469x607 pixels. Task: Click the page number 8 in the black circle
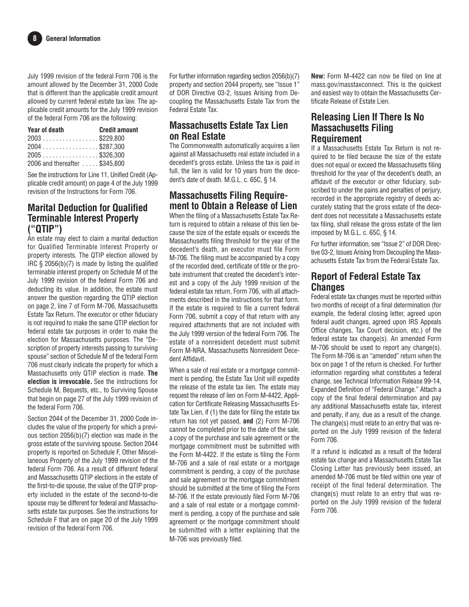pos(35,38)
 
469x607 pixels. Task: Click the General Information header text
pos(73,38)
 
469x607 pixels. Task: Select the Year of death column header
pos(45,130)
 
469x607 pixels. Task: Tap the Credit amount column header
pos(118,130)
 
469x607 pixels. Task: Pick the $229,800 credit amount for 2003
pos(112,138)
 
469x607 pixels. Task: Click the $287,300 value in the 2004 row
pos(112,147)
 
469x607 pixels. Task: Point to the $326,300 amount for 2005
pos(112,155)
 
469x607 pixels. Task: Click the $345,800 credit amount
pos(112,163)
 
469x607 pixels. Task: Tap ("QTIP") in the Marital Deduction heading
pos(45,229)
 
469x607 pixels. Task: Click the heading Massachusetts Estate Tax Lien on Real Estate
pos(229,131)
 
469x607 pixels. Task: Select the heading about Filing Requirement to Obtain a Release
pos(233,200)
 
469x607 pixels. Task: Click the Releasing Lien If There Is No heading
pos(367,117)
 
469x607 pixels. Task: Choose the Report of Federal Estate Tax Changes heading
pos(366,282)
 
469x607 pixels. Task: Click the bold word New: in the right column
pos(318,76)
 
